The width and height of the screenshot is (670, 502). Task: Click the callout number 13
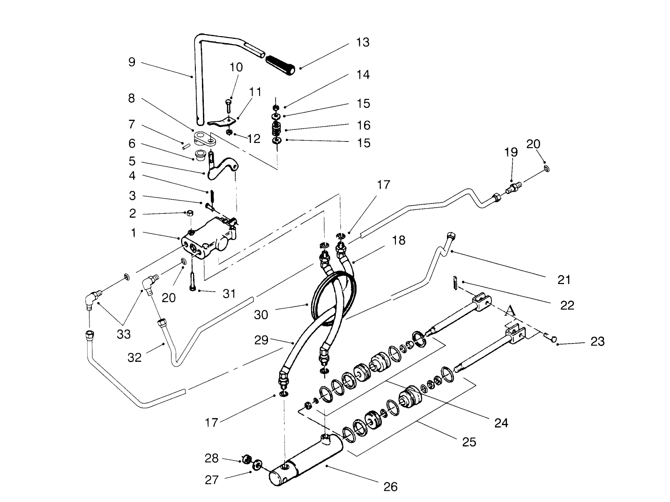[x=362, y=42]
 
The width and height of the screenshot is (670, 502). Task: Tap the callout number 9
[x=132, y=62]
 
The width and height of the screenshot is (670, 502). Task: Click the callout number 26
[x=390, y=487]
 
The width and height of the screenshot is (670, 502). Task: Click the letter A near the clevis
[x=511, y=311]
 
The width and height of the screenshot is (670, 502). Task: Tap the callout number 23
[x=597, y=341]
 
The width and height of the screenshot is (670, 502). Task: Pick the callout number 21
[x=564, y=280]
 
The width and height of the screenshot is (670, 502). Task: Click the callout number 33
[x=124, y=334]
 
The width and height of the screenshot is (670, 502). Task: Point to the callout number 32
[x=134, y=358]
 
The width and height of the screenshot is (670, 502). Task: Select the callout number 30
[x=261, y=315]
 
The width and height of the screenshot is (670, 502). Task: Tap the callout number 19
[x=511, y=152]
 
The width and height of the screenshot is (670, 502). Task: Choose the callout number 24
[x=500, y=423]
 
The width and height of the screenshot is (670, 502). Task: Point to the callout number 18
[x=399, y=240]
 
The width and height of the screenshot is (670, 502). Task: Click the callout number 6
[x=132, y=143]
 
